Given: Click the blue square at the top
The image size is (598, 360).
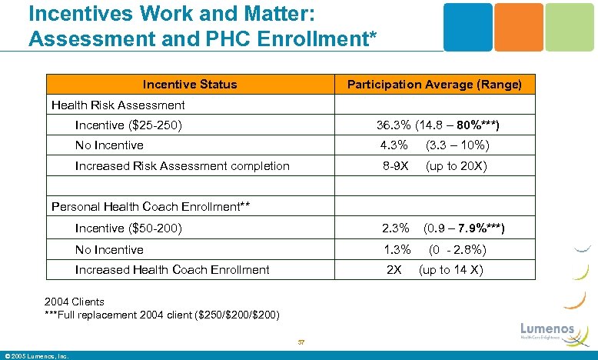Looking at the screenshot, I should click(468, 27).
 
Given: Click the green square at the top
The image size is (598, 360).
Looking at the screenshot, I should click(570, 27).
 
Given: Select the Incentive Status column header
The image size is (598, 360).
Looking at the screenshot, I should click(190, 85).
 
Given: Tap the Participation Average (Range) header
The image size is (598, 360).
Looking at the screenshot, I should click(434, 85).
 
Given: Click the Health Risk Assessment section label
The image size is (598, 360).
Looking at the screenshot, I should click(118, 105).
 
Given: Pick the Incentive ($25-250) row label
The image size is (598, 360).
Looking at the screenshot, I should click(128, 125).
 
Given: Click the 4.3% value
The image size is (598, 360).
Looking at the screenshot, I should click(394, 145).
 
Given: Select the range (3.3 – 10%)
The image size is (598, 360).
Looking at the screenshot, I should click(458, 145).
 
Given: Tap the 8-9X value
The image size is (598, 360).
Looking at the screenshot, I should click(396, 166).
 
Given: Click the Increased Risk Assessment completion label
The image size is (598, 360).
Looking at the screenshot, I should click(182, 166).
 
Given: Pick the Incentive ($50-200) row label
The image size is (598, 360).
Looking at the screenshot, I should click(128, 228).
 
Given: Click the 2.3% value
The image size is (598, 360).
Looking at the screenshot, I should click(395, 228).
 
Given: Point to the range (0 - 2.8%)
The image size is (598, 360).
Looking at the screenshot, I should click(457, 249).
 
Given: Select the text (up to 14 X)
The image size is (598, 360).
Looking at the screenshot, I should click(450, 270).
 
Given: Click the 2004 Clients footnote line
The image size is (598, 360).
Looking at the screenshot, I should click(75, 302).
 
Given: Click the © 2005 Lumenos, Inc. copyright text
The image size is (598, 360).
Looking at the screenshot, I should click(37, 355).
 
